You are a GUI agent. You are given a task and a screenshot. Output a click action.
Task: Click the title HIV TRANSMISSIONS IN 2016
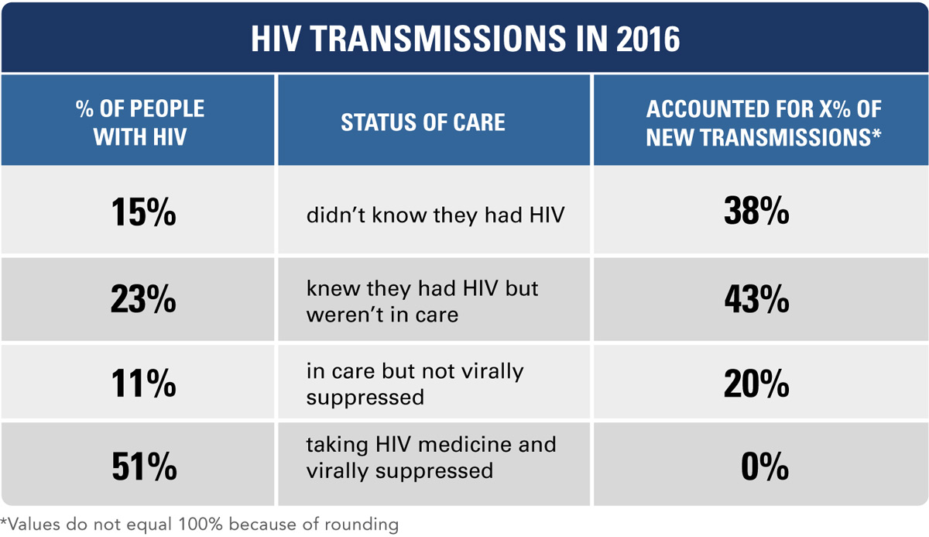[464, 39]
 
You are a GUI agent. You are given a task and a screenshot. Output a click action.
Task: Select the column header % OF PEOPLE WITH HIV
[140, 122]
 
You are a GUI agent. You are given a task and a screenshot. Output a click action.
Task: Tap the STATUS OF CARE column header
[423, 122]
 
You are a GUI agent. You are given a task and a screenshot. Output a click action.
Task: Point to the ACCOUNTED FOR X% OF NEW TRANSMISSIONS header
[763, 122]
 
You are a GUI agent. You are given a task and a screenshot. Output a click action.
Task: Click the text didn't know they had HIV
[435, 214]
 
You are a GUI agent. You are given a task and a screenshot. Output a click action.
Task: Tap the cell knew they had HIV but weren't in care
[422, 301]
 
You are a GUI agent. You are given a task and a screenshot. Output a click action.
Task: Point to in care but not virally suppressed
[415, 384]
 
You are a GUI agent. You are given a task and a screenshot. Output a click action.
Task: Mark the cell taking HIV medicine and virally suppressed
[430, 457]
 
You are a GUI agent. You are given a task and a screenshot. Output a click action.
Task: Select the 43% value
[756, 301]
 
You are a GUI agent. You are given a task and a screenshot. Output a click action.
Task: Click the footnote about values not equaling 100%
[200, 524]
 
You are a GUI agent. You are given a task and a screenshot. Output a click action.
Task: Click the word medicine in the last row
[457, 445]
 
